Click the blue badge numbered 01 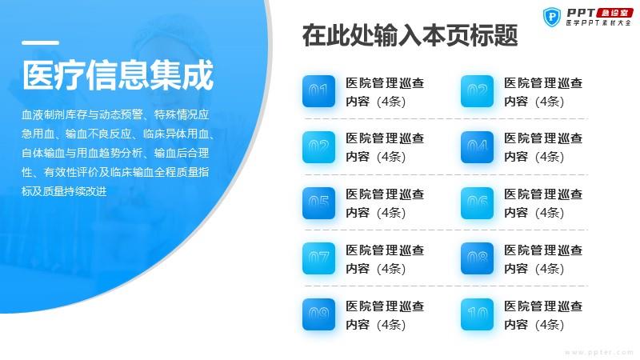[x=318, y=91]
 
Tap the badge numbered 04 [x=477, y=147]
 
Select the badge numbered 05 [x=318, y=203]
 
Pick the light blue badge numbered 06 [x=477, y=203]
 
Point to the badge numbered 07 [x=318, y=258]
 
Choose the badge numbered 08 [x=477, y=258]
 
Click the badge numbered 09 [x=318, y=314]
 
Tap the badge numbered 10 [x=477, y=314]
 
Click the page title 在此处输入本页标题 [x=410, y=35]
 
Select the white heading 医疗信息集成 [x=118, y=74]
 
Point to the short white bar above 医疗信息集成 [x=41, y=42]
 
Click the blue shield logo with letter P [x=552, y=17]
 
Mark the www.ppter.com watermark [x=598, y=352]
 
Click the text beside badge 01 [x=385, y=92]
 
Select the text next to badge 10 [x=543, y=315]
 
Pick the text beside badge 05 [x=385, y=203]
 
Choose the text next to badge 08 [x=543, y=259]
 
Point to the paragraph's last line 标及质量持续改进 [x=65, y=191]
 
